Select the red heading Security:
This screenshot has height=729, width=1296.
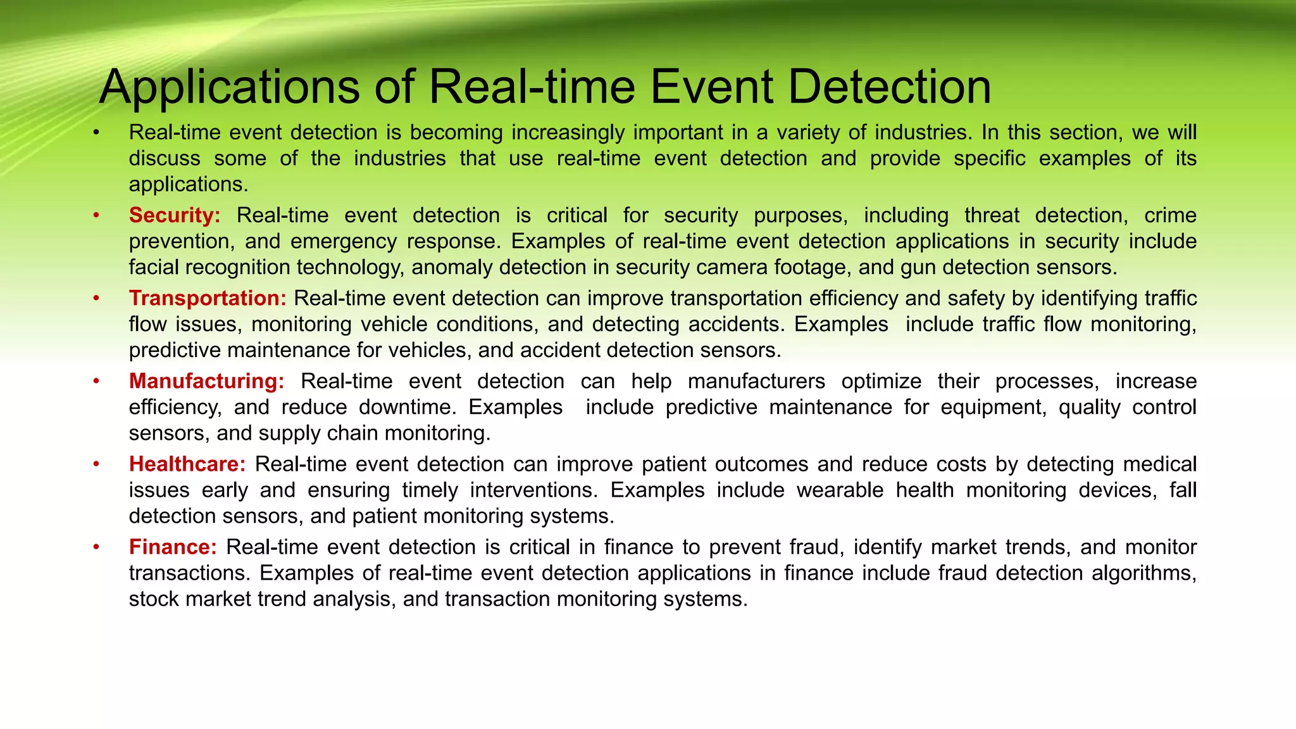coord(175,215)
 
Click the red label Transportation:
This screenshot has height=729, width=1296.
coord(208,298)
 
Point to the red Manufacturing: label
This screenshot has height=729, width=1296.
coord(206,381)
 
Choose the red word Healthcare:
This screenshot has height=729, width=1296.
coord(187,464)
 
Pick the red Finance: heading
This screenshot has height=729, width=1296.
coord(173,547)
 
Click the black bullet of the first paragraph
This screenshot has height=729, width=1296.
coord(96,133)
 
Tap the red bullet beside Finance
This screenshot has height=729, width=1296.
coord(96,547)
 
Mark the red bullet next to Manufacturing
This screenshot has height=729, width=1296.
coord(96,382)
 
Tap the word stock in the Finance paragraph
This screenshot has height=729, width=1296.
coord(154,599)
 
